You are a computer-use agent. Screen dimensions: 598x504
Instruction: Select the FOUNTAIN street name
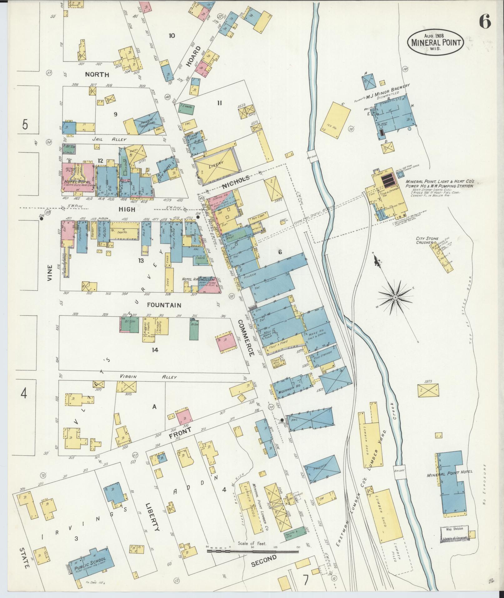point(164,305)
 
